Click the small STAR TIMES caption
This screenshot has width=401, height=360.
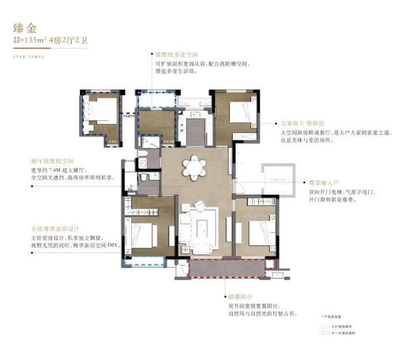click(28, 56)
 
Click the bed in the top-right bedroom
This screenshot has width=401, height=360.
click(239, 111)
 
